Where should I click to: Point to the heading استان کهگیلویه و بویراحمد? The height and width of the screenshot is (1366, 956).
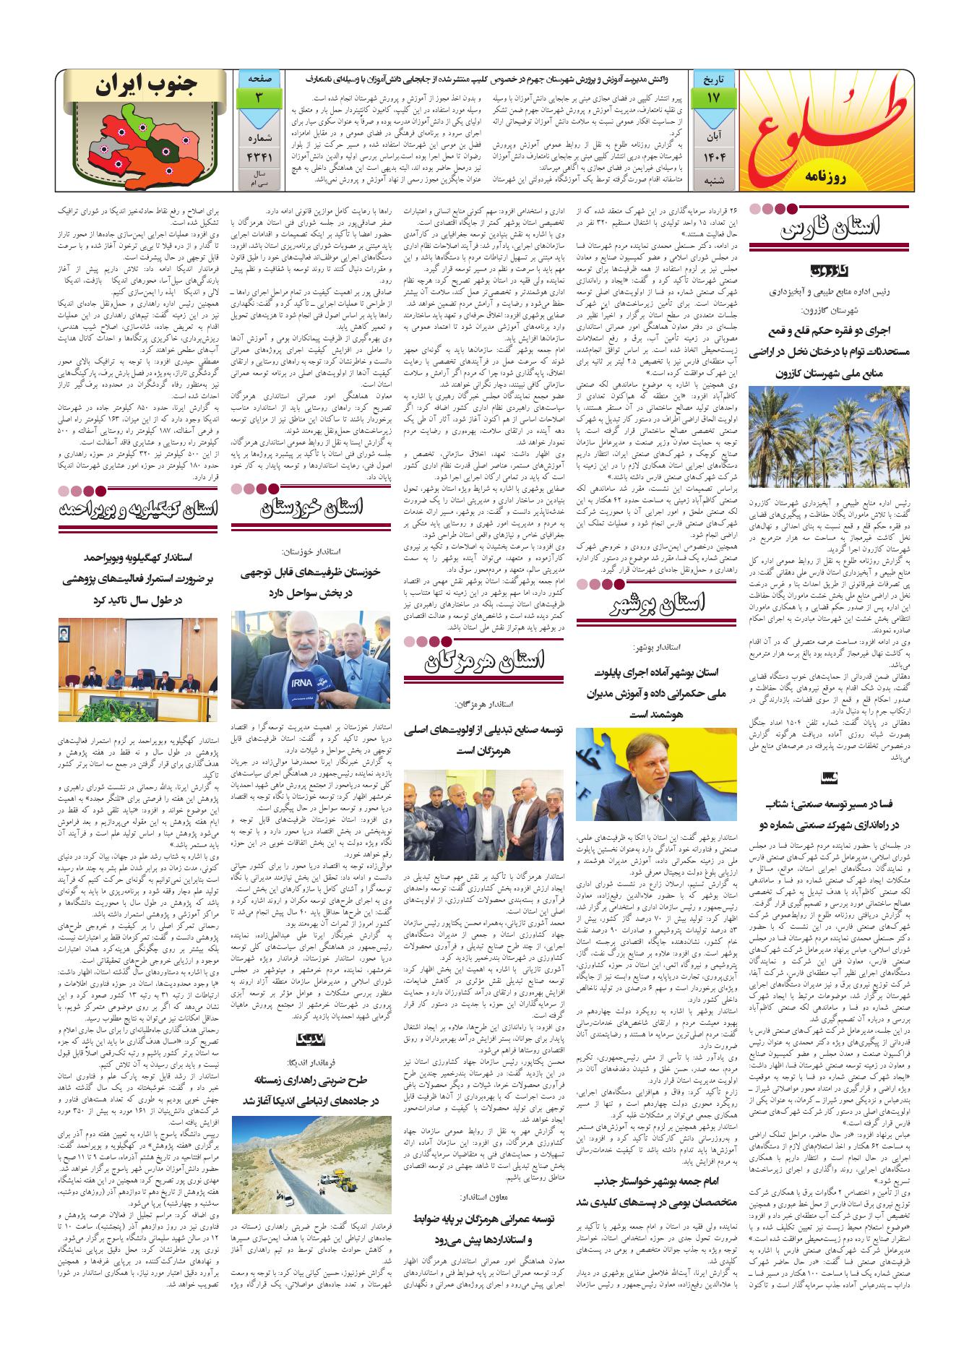click(x=137, y=510)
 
